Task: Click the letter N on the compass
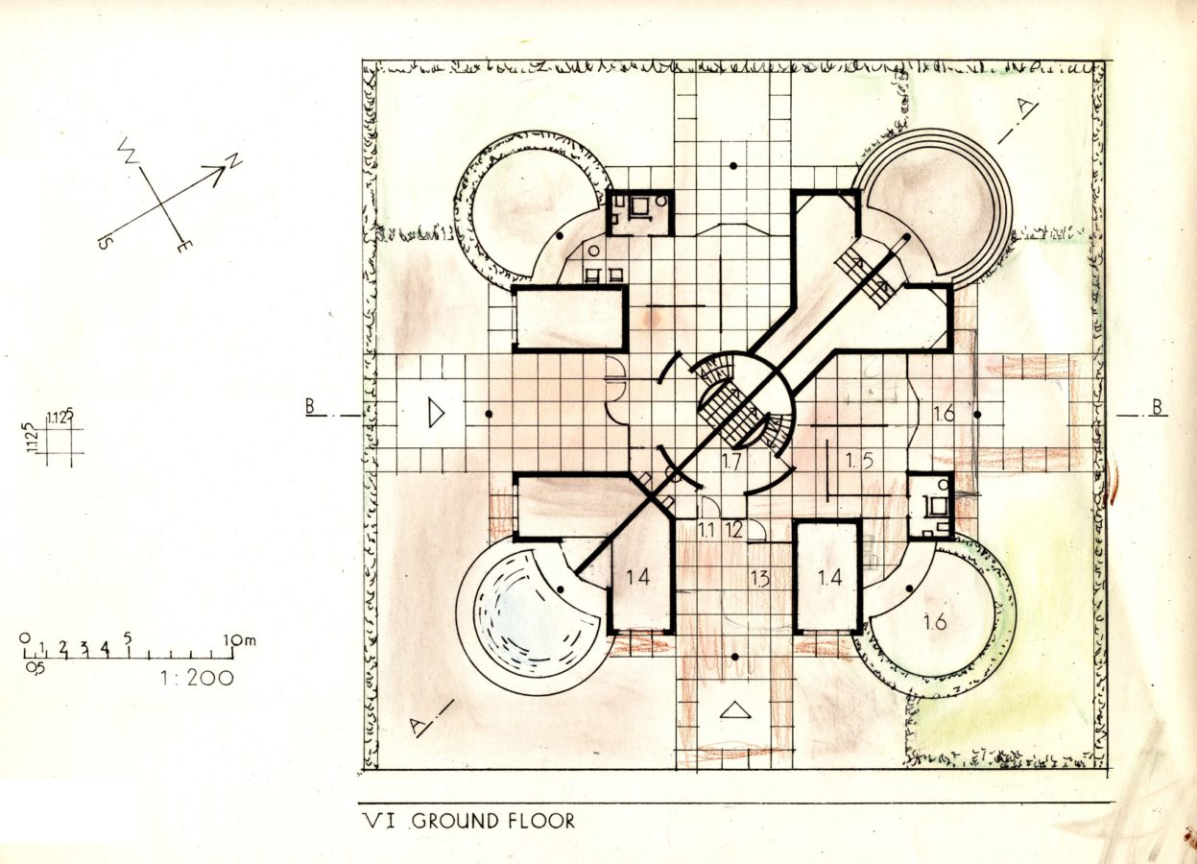pos(234,160)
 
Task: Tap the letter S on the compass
pos(103,242)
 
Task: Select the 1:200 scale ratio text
pos(197,678)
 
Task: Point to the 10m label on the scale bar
pos(240,640)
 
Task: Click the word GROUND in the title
pos(455,822)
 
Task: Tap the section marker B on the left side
pos(311,407)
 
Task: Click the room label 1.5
pos(859,462)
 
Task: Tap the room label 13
pos(759,578)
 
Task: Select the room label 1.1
pos(707,530)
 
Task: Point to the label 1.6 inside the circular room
pos(934,622)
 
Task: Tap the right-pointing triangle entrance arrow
pos(437,414)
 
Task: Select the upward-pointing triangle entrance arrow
pos(735,710)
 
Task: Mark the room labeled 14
pos(638,577)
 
